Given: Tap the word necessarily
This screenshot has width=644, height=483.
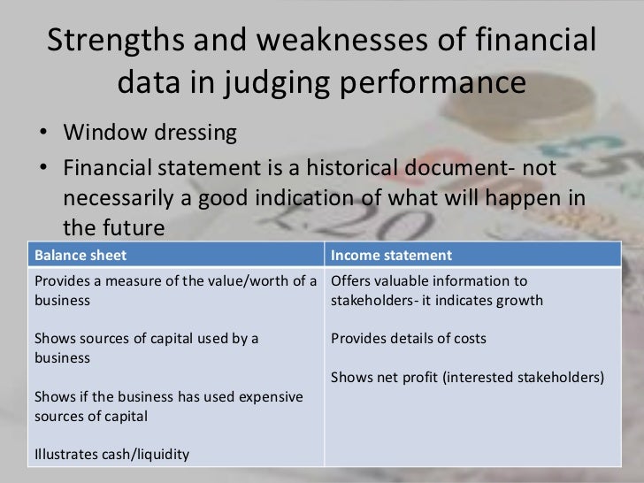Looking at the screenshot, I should (x=126, y=197).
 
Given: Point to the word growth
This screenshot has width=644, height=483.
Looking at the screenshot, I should (x=520, y=300).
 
